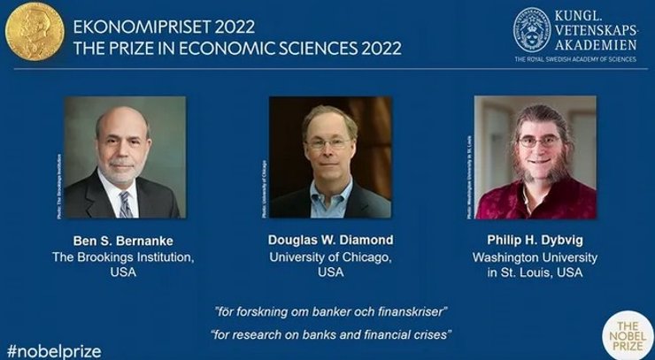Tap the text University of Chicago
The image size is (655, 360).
point(329,257)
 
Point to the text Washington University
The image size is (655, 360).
point(535,257)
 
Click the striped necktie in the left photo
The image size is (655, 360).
point(125,205)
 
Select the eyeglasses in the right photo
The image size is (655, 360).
point(537,141)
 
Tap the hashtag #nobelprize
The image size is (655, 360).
point(53,350)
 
